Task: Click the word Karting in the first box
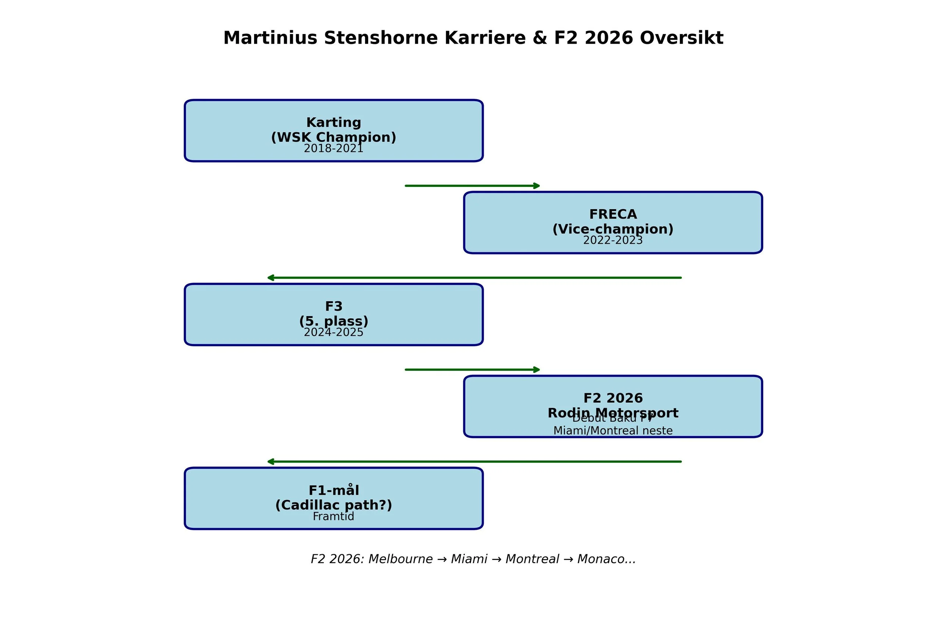334,122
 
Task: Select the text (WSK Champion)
334,137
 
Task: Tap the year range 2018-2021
334,149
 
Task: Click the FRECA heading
613,214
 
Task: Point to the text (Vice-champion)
613,229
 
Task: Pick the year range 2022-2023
613,241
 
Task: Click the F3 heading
334,306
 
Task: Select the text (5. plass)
334,321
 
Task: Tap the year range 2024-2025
334,333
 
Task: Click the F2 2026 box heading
613,398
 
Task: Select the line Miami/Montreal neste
613,431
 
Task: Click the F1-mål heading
334,490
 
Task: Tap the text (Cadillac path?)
334,505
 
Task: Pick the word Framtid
334,517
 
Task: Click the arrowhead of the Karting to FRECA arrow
537,186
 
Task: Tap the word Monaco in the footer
595,559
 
